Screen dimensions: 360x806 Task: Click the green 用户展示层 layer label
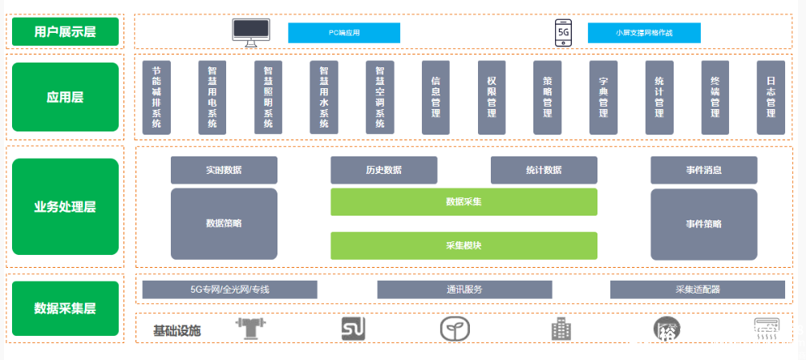tap(66, 32)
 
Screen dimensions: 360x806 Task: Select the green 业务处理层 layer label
tap(66, 207)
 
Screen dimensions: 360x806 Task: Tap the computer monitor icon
tap(251, 32)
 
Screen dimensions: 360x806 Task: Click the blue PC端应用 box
tap(344, 33)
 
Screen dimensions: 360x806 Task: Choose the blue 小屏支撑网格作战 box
tap(644, 33)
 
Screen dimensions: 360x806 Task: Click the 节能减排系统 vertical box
tap(156, 97)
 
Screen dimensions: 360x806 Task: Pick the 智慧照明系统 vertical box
tap(268, 97)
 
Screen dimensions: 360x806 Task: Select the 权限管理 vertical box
tap(492, 97)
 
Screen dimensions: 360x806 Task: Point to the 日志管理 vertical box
tap(771, 97)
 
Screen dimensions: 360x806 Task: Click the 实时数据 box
tap(224, 170)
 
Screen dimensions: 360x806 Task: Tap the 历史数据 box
tap(384, 170)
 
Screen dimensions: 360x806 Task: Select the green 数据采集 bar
tap(464, 202)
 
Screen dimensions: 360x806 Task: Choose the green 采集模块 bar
tap(464, 245)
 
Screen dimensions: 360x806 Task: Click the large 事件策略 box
tap(703, 224)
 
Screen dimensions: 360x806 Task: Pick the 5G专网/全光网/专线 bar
tap(230, 289)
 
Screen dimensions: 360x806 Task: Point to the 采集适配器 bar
tap(698, 289)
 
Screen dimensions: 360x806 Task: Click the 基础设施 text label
tap(177, 330)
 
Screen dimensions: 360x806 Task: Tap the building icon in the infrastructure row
tap(561, 329)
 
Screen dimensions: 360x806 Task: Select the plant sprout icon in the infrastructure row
tap(454, 329)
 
